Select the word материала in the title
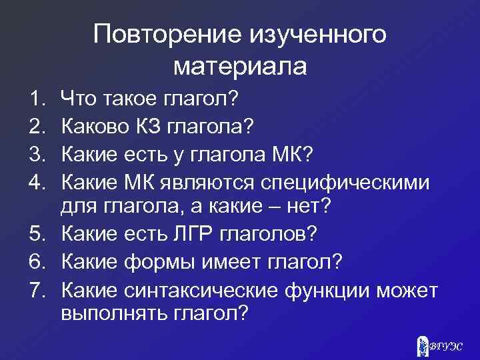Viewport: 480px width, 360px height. (240, 66)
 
